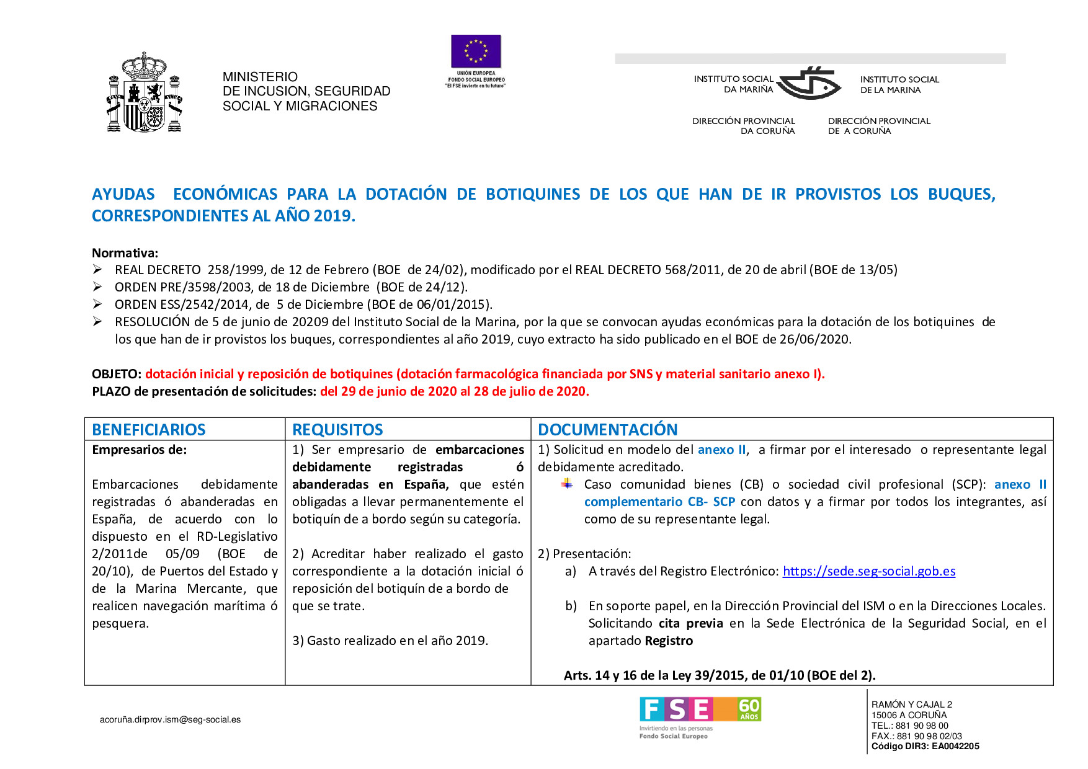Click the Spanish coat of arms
point(145,93)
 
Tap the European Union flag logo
point(476,51)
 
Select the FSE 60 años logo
point(700,709)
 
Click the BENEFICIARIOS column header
point(149,429)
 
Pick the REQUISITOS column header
point(337,429)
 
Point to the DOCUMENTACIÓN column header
point(607,429)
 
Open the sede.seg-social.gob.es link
point(868,571)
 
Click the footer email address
point(170,719)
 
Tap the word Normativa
point(125,253)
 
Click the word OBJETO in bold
point(115,374)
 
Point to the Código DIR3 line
point(925,746)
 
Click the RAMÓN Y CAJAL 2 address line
point(911,705)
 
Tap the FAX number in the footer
point(916,736)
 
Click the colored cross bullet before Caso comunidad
point(567,484)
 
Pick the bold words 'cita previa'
point(690,623)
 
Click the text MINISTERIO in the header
point(260,77)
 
